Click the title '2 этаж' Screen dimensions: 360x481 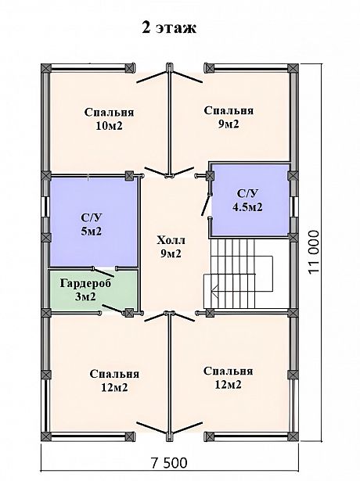tap(169, 28)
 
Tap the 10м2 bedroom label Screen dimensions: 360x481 tap(110, 119)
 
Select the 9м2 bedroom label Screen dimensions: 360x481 tap(229, 117)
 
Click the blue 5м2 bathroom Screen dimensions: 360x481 tap(93, 221)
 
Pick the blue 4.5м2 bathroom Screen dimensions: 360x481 tap(250, 200)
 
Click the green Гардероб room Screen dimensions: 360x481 tap(93, 290)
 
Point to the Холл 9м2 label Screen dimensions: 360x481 tap(171, 246)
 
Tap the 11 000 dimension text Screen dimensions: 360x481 tap(314, 253)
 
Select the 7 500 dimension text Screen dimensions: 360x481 tap(169, 462)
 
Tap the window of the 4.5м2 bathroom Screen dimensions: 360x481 tap(293, 206)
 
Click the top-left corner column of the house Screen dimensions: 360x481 tap(45, 68)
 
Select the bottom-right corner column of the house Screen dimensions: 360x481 tap(293, 437)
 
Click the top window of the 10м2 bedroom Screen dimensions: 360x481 tap(88, 68)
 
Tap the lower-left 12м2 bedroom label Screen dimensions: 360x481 tap(114, 381)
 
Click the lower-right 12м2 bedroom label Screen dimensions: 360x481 tap(229, 378)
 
